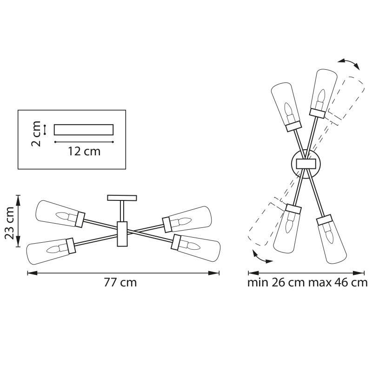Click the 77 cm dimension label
120,283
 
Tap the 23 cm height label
10,223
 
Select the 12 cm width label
84,152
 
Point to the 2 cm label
36,133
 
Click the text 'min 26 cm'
276,283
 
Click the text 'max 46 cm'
338,283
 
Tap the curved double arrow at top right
349,63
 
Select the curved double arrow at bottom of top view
262,258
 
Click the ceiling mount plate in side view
122,198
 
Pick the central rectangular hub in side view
122,234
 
